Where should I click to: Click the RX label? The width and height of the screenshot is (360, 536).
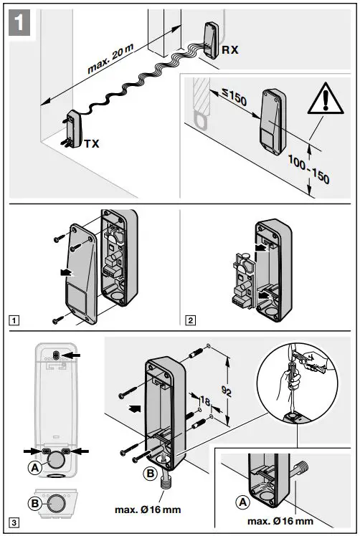(x=231, y=49)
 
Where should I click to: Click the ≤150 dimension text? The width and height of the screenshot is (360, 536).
(x=229, y=98)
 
